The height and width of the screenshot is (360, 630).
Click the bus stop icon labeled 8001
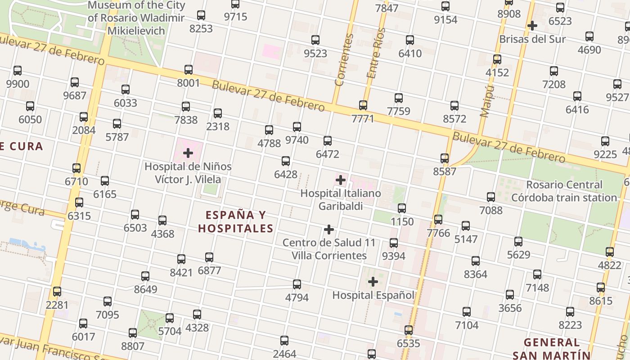coord(189,70)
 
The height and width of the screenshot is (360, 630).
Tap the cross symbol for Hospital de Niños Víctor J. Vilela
coord(188,153)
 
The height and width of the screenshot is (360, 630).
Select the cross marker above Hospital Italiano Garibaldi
coord(341,180)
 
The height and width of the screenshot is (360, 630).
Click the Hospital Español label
coord(373,295)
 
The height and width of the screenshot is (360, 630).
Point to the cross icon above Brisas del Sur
coord(532,26)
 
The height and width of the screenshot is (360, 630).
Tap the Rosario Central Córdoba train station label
coord(564,191)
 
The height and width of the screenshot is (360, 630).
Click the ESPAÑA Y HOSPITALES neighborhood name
coord(236,222)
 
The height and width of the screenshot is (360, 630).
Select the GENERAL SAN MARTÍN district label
coord(551,348)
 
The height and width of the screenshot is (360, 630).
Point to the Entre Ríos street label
coord(376,53)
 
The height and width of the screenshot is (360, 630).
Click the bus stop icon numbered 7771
coord(363,105)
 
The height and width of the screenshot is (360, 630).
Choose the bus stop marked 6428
coord(286,161)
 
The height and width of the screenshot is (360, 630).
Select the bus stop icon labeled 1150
coord(402,208)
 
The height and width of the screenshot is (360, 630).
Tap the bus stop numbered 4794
coord(297,284)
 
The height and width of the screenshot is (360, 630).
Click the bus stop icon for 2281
coord(57,292)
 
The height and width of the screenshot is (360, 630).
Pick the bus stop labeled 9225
coord(605,141)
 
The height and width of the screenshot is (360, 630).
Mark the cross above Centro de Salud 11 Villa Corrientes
coord(329,229)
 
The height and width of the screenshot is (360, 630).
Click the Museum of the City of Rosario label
coord(136,18)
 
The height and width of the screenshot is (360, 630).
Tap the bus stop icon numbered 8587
coord(445,158)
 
